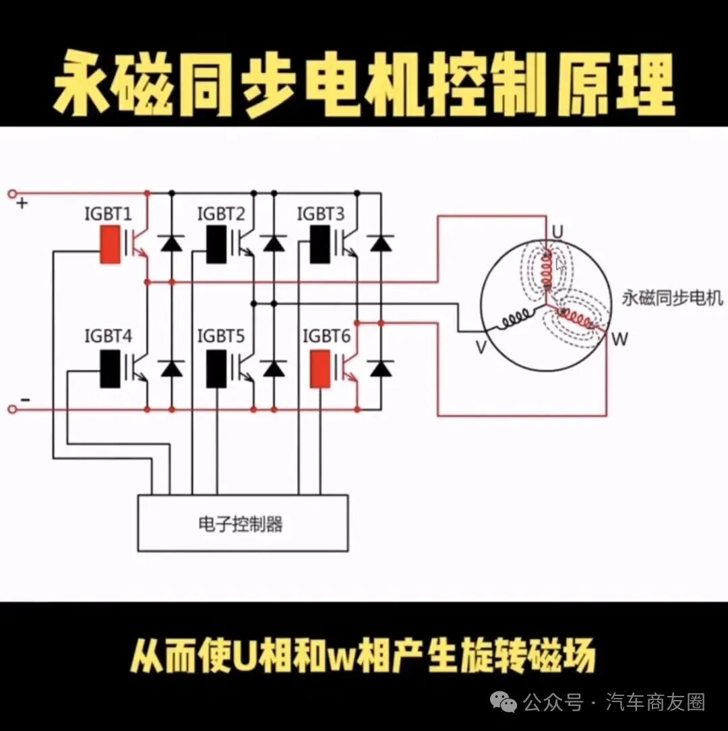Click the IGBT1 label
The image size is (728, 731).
pos(109,214)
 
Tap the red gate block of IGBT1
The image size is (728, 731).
pos(111,245)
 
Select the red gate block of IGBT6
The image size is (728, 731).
pos(320,369)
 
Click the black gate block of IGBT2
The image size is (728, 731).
pos(216,245)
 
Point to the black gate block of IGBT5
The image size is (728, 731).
pos(216,369)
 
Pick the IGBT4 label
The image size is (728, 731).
pos(109,336)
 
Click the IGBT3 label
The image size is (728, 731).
pos(321,214)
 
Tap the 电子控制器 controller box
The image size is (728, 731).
pos(243,523)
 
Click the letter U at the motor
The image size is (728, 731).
pos(557,232)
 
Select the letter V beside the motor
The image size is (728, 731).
pos(481,347)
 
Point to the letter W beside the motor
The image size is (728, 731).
pos(619,339)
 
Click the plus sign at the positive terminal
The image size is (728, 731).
pos(22,203)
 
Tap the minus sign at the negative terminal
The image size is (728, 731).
pos(25,400)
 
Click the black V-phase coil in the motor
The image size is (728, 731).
pos(516,319)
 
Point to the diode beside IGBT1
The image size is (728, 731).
pos(171,243)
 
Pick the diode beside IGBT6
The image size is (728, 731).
pos(381,369)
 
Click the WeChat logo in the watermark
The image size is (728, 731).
pos(502,702)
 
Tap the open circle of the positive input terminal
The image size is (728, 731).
pos(13,193)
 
